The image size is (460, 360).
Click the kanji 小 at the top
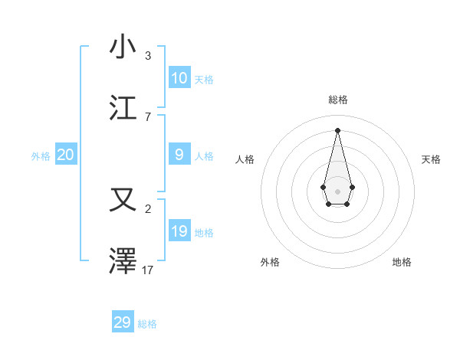123,47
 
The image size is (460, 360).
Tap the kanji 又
123,201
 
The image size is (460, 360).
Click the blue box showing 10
179,77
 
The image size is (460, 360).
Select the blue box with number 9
179,155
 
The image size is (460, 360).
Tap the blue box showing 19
179,231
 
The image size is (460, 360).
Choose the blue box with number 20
65,155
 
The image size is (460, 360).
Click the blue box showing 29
122,322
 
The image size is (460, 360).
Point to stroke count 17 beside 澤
148,270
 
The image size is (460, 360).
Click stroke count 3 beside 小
148,55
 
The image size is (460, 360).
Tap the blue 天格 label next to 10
204,79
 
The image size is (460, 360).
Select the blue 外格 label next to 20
41,156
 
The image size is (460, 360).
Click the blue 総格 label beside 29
147,324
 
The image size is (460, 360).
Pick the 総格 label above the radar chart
337,100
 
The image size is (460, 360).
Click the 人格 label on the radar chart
245,159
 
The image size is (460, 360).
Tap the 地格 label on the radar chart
402,262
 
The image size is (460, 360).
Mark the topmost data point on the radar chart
337,129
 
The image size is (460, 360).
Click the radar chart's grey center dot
337,191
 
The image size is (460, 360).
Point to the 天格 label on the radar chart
431,159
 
